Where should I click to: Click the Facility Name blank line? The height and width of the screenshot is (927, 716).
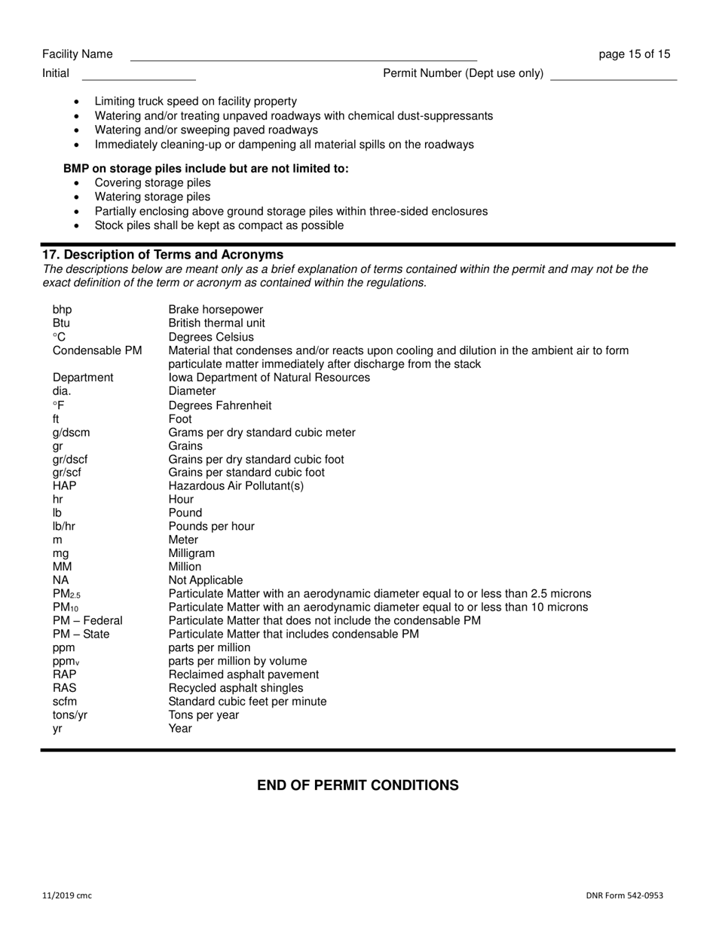pos(303,55)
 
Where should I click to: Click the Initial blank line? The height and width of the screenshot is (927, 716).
pos(139,74)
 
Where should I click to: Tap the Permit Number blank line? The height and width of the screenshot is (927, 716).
pos(613,74)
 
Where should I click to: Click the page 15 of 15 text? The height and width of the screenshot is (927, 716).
pos(634,54)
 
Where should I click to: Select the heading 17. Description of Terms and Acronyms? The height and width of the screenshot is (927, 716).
pos(163,255)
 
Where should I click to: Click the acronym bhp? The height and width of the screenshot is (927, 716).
pos(63,310)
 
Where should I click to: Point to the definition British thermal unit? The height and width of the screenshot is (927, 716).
pos(216,323)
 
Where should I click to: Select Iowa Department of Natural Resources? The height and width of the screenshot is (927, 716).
pos(269,378)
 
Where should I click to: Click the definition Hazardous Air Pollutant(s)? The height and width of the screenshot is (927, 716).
pos(236,486)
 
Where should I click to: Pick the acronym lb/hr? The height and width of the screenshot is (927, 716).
pos(64,527)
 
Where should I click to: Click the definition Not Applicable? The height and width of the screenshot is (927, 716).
pos(206,580)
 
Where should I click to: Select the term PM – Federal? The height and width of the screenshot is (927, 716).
pos(87,621)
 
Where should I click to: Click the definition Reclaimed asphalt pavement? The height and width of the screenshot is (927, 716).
pos(243,675)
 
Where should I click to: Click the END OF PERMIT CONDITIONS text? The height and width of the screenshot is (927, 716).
pos(358,785)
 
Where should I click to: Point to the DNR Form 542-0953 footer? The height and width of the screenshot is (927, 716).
pos(624,896)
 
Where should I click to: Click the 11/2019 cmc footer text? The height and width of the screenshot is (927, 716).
pos(67,896)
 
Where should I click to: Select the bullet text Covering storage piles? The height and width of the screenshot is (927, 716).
pos(153,183)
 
